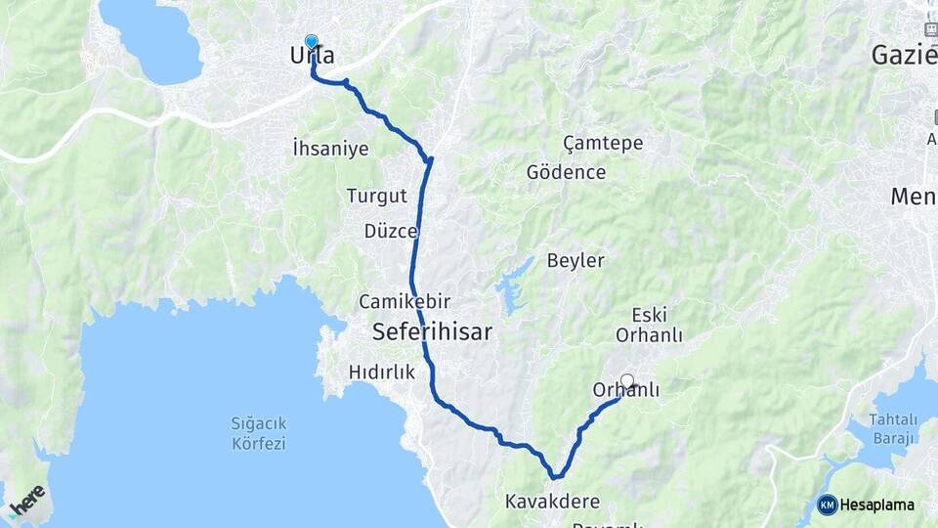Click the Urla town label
313,57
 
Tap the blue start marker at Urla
312,42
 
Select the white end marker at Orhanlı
627,381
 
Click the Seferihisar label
431,332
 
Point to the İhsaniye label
330,149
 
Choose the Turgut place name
376,196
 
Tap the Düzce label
390,232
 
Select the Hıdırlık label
382,373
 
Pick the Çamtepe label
603,144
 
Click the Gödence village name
566,173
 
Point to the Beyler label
576,261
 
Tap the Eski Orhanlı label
649,325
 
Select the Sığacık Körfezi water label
258,433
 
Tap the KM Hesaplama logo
866,505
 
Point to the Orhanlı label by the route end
626,391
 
